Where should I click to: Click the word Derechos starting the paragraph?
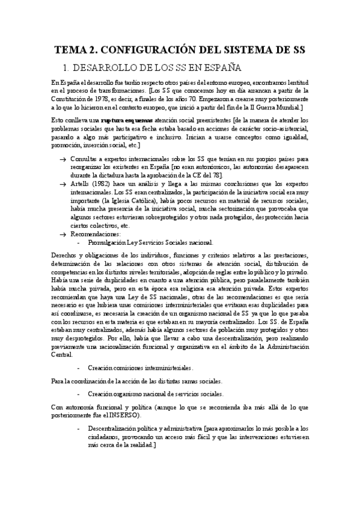64,256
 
